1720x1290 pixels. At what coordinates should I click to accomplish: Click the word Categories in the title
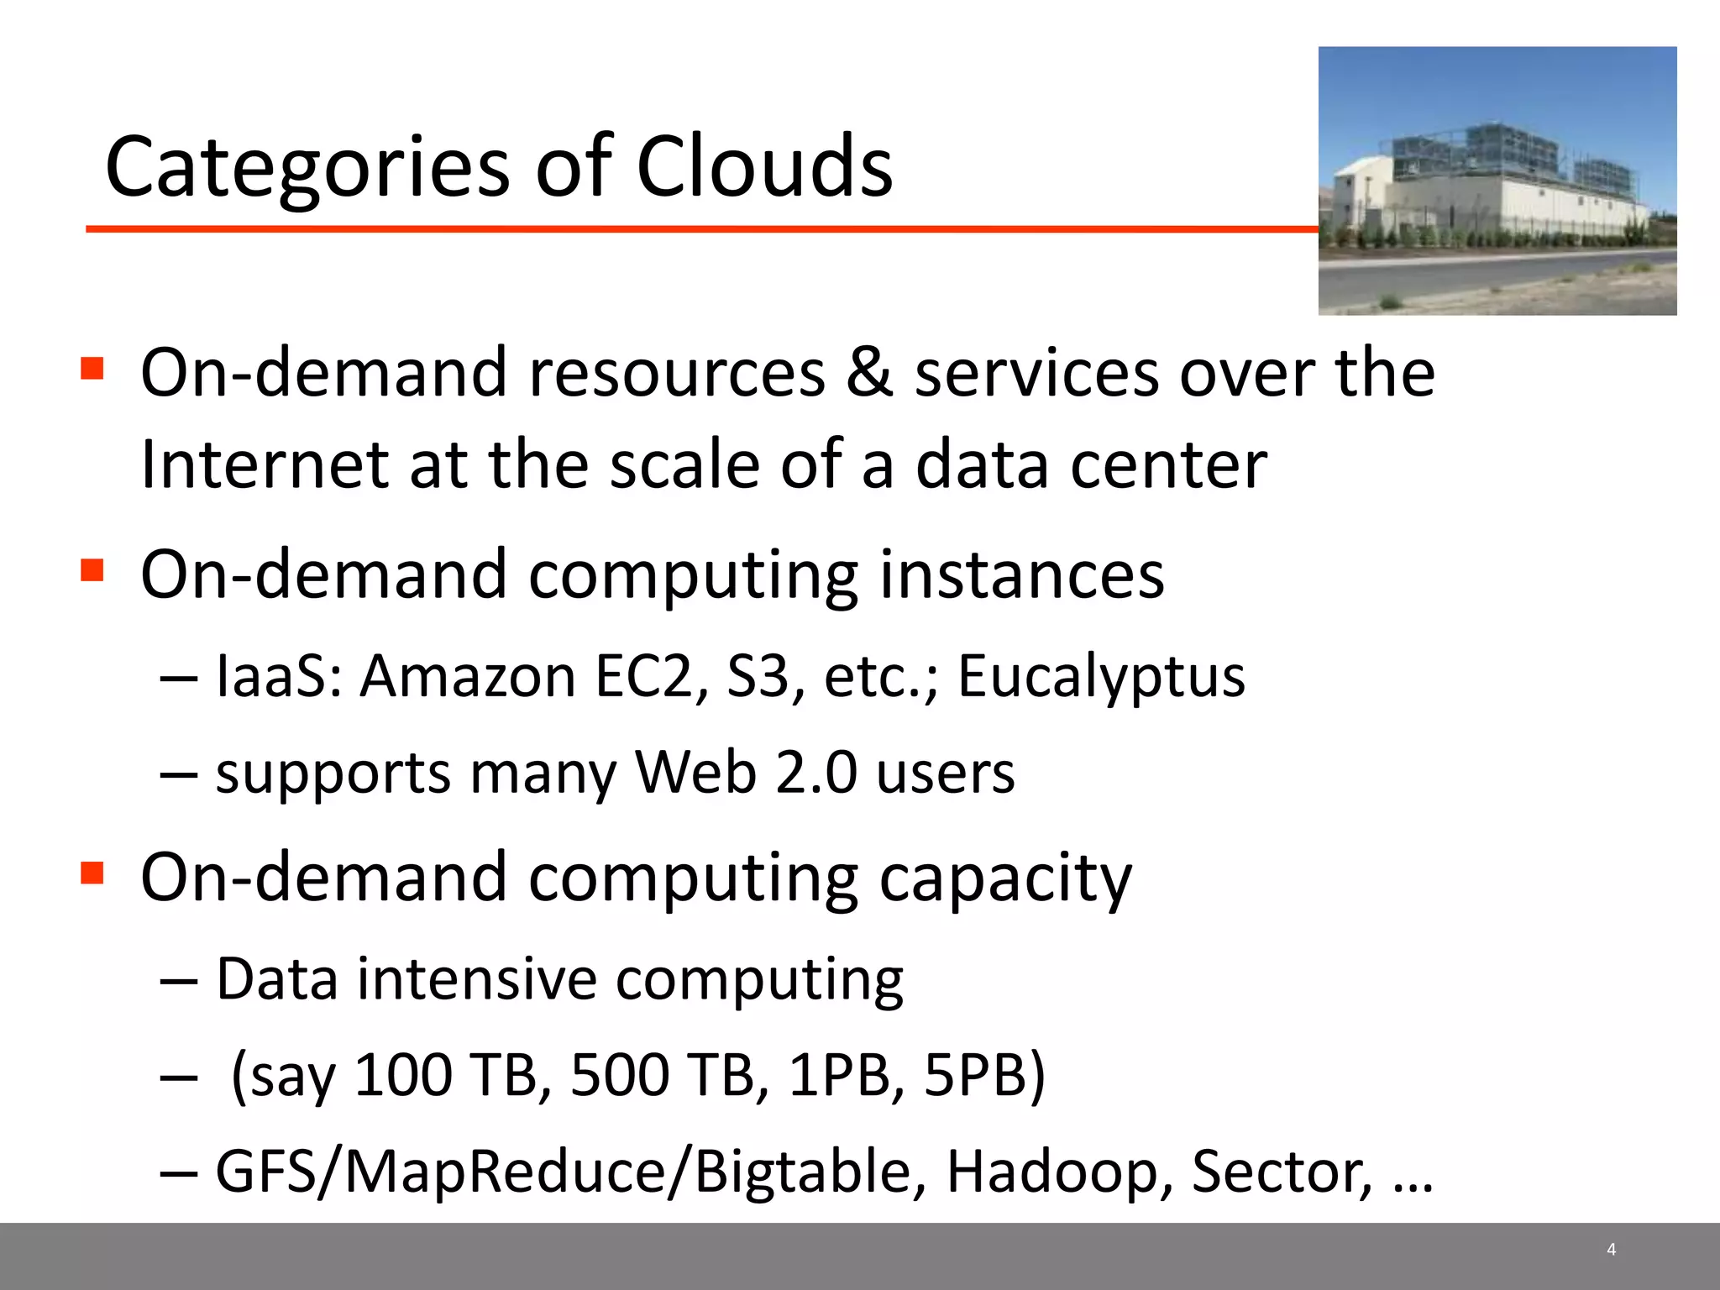tap(307, 168)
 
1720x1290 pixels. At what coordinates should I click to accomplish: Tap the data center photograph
tap(1497, 181)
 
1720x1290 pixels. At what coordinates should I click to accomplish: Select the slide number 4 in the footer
tap(1611, 1249)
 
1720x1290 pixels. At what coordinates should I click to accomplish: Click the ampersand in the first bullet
tap(869, 372)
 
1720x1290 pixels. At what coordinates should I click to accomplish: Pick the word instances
tap(1021, 575)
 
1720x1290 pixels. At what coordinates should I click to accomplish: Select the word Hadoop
tap(1060, 1172)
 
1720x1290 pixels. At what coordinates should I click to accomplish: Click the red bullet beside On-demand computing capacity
tap(92, 873)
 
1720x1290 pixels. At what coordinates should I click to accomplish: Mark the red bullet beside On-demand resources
tap(92, 368)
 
